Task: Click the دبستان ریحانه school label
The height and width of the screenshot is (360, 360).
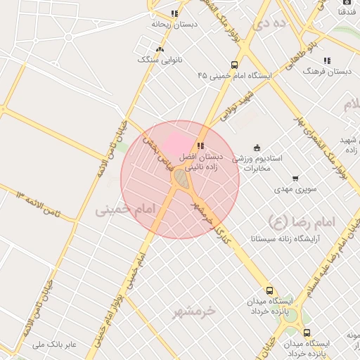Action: point(174,24)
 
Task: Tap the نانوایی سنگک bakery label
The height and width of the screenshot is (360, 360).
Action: point(160,60)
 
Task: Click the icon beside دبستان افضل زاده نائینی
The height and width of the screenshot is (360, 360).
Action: point(201,146)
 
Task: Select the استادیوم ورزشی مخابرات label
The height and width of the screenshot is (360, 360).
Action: point(257,163)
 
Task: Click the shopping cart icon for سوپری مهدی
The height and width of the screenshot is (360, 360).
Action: point(295,179)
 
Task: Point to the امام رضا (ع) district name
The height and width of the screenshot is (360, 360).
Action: point(307,222)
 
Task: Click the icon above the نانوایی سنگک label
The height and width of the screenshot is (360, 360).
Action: point(160,49)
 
